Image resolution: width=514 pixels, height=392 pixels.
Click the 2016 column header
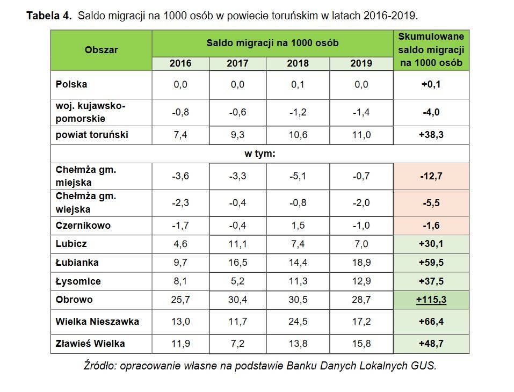180,63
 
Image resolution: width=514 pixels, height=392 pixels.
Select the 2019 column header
361,63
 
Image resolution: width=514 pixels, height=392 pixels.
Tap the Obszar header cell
101,50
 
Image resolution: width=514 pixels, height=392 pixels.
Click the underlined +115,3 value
431,300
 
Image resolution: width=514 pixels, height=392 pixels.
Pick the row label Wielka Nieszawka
97,322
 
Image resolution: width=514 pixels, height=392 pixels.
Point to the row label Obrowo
74,300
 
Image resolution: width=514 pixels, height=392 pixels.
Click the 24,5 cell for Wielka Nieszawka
298,322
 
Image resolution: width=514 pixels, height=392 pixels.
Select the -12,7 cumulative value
431,176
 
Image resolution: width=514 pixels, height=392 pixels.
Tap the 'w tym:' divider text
260,154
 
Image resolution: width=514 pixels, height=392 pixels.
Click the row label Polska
71,84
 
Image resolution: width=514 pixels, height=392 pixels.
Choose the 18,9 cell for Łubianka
361,263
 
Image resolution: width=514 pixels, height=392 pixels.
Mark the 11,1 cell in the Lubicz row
237,244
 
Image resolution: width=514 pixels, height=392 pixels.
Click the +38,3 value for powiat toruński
431,135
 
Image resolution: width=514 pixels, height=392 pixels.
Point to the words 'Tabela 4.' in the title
49,16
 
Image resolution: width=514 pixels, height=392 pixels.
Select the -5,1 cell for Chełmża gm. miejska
298,176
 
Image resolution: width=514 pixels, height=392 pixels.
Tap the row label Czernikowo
83,226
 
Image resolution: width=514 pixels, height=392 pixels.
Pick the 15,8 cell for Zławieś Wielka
361,343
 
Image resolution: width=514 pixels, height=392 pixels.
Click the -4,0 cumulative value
431,112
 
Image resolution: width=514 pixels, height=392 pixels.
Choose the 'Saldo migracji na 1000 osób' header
272,43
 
